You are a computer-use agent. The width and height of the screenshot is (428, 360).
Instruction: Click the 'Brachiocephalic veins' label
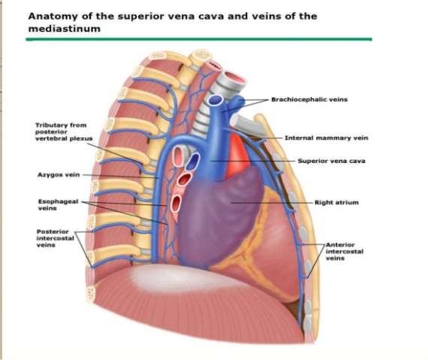309,99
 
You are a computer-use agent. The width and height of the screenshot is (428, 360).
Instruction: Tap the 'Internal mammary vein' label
326,138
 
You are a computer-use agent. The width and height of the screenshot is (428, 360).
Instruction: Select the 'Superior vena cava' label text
331,161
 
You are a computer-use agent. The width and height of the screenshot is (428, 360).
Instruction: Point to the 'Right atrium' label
336,202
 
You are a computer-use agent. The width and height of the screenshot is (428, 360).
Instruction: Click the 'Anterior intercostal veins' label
345,251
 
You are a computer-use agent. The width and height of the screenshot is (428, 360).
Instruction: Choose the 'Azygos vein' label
59,175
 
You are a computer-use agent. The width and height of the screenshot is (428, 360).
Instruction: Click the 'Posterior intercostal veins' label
55,238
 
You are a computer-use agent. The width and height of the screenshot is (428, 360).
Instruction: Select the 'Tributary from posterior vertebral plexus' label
64,132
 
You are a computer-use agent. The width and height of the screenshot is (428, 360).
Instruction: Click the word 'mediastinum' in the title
65,29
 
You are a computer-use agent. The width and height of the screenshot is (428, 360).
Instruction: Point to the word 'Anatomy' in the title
53,17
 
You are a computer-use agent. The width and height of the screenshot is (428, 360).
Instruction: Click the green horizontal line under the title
199,39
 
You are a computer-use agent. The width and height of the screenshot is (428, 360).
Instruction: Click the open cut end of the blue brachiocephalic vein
215,100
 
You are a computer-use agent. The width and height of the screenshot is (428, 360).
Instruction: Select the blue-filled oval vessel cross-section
193,160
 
